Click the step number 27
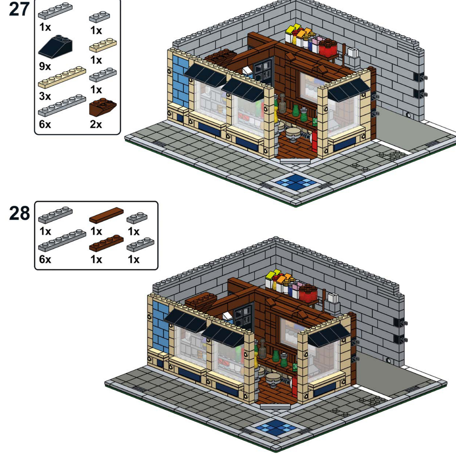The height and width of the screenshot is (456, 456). (19, 9)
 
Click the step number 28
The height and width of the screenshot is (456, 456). (20, 213)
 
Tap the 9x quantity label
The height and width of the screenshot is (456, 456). (45, 66)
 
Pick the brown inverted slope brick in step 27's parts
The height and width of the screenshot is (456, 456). (103, 107)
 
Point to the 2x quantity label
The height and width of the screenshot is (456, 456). (96, 125)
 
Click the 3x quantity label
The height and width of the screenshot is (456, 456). (45, 96)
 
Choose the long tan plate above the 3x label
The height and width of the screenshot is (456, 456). (62, 77)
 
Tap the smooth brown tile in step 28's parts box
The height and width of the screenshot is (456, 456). (106, 215)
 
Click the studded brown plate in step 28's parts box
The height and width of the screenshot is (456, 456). (106, 243)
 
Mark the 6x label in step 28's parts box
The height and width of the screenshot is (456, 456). (45, 259)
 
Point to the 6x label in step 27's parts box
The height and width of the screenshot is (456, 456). (45, 125)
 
